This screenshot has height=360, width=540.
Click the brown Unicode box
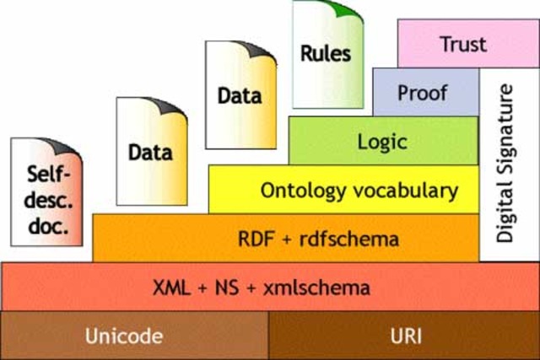(134, 336)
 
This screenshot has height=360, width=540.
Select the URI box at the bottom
(403, 336)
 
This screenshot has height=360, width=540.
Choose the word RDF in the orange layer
(256, 239)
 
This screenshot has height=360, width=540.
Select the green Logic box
(382, 142)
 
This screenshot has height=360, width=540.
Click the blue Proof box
(425, 92)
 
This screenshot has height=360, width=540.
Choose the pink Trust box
(463, 43)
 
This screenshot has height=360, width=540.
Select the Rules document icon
(327, 51)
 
